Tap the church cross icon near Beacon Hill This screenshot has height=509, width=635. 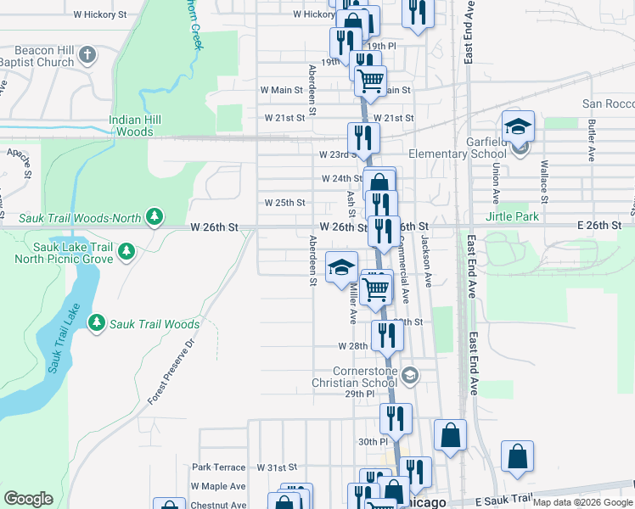pyautogui.click(x=87, y=57)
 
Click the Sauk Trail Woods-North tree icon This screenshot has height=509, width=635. pyautogui.click(x=155, y=218)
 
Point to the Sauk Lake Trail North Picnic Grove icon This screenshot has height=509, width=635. pyautogui.click(x=126, y=250)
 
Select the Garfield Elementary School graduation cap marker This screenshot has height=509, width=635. pyautogui.click(x=518, y=128)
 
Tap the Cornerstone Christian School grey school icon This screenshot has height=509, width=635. pyautogui.click(x=410, y=375)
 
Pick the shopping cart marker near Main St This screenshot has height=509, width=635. pyautogui.click(x=370, y=81)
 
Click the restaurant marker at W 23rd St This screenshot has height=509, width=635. pyautogui.click(x=363, y=138)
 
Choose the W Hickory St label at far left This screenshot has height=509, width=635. pyautogui.click(x=100, y=15)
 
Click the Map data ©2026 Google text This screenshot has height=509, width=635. pyautogui.click(x=582, y=502)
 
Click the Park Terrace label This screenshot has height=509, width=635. pyautogui.click(x=218, y=467)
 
